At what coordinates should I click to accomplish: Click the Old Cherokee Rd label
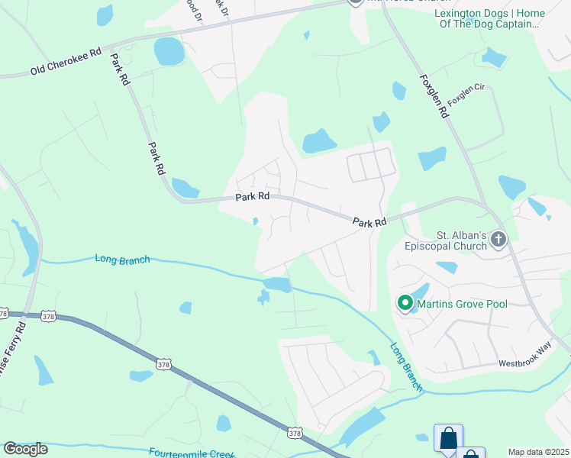click(x=66, y=61)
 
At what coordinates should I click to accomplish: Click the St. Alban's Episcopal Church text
click(x=461, y=240)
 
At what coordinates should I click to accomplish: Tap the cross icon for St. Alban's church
click(x=498, y=240)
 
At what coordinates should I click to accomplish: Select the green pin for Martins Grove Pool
click(x=405, y=304)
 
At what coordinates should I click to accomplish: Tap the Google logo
click(x=25, y=449)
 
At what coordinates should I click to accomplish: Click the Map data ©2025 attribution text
click(x=539, y=452)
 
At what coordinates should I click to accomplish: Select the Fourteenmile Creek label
click(x=191, y=453)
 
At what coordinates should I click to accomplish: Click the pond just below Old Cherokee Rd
click(x=169, y=52)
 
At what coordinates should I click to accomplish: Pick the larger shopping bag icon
click(x=448, y=438)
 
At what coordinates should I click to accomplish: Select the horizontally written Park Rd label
click(x=253, y=197)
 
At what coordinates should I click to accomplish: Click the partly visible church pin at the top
click(x=355, y=2)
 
